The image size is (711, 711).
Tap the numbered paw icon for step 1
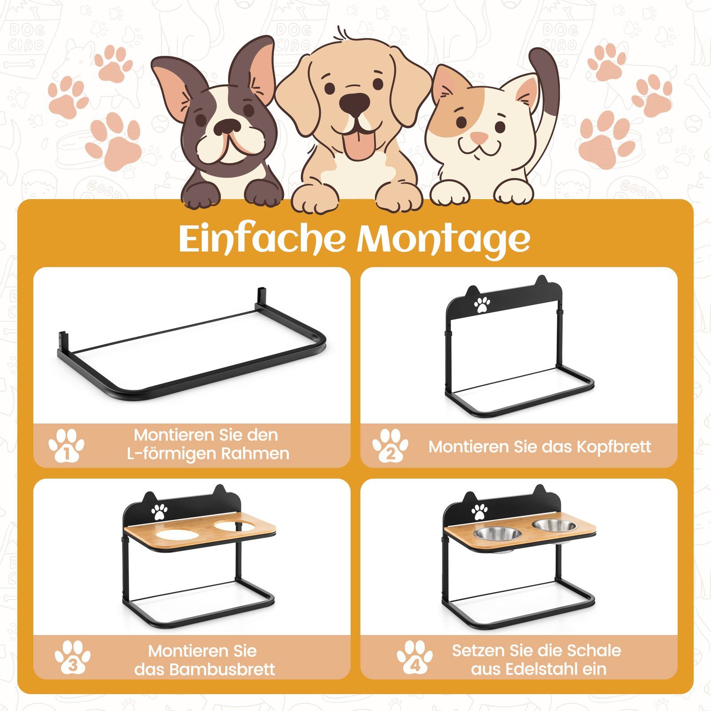[x=67, y=446]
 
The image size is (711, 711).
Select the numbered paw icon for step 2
[x=391, y=446]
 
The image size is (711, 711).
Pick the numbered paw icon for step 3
[x=73, y=657]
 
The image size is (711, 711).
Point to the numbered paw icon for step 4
[x=415, y=657]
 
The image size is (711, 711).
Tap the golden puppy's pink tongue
[x=358, y=143]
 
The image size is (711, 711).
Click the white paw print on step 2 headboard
[x=482, y=304]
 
